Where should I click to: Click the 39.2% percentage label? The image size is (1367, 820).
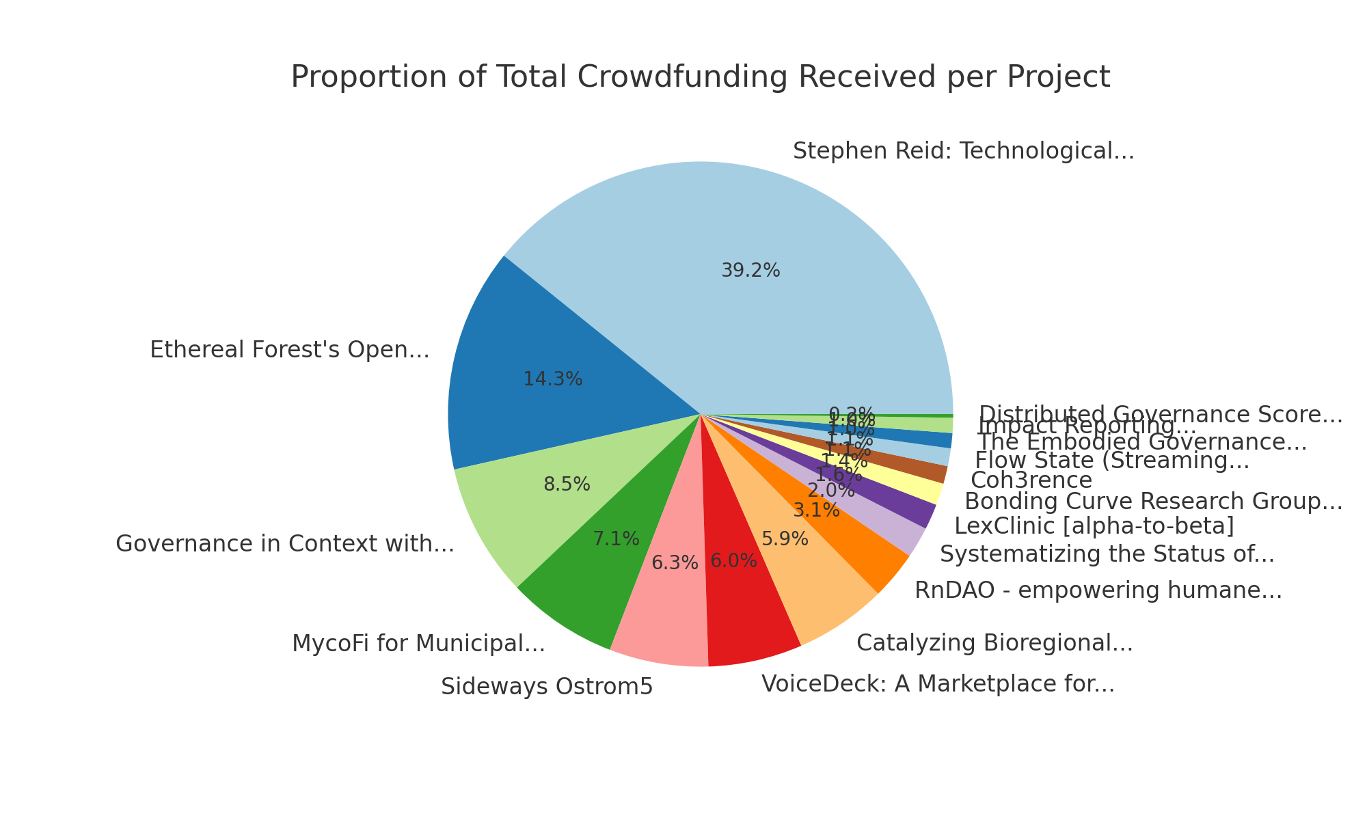tap(750, 271)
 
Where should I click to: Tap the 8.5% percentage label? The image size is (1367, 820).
tap(567, 484)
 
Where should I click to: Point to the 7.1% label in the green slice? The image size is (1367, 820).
tap(616, 539)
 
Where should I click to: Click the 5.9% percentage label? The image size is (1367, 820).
tap(785, 539)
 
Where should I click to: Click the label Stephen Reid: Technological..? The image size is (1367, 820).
tap(963, 151)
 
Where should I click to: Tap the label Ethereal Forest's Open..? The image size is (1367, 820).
tap(290, 351)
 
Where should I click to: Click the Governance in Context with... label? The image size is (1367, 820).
tap(285, 545)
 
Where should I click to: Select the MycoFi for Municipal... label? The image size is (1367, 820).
tap(418, 644)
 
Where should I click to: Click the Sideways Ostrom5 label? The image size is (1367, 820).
tap(547, 687)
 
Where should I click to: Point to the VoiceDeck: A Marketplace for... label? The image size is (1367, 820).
tap(937, 683)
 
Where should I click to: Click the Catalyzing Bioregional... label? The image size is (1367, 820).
tap(994, 643)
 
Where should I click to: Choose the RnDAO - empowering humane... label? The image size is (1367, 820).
tap(1098, 590)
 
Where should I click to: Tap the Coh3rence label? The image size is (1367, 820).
tap(1031, 480)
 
